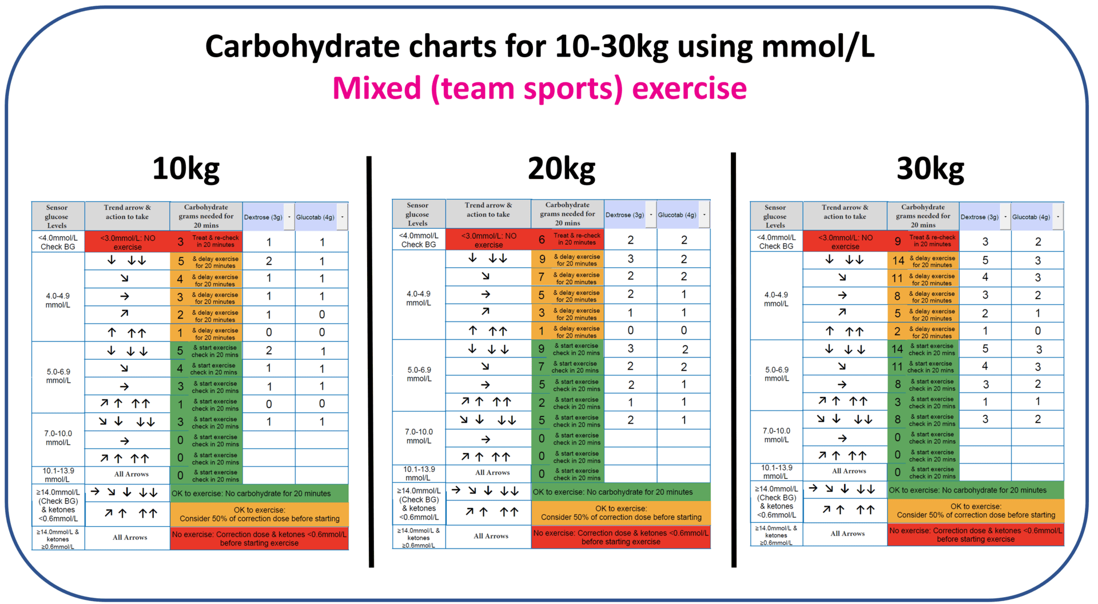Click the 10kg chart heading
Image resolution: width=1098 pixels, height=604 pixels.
tap(186, 169)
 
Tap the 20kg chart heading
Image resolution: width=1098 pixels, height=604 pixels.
tap(561, 169)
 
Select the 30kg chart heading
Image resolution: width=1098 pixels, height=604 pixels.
tap(930, 169)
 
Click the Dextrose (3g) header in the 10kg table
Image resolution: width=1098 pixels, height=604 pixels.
tap(263, 217)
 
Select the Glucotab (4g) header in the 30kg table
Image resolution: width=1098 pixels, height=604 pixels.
tap(1031, 217)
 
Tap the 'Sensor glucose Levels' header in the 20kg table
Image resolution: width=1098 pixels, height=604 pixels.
tap(417, 214)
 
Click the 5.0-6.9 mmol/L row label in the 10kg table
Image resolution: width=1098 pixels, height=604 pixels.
tap(58, 376)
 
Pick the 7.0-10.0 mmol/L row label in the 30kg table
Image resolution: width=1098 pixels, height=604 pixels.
tap(776, 435)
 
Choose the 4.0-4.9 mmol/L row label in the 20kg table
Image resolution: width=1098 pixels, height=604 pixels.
tap(418, 298)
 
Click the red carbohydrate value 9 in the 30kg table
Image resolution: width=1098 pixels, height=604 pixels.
tap(897, 241)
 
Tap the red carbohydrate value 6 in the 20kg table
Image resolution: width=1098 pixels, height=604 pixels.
tap(542, 240)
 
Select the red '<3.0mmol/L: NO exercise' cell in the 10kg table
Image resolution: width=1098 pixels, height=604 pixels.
tap(127, 242)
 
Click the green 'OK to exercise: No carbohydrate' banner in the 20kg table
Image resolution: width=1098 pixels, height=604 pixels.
tap(620, 492)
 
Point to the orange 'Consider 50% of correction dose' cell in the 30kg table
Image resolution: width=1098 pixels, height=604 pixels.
tap(976, 511)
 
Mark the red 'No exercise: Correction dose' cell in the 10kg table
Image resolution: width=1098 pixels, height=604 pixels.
tap(259, 538)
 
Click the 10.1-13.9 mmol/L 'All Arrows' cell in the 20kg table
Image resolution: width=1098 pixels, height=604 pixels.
tap(492, 473)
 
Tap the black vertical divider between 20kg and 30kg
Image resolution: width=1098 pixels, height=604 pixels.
tap(734, 360)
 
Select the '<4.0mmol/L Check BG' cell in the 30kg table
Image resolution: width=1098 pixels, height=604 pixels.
tap(776, 241)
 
